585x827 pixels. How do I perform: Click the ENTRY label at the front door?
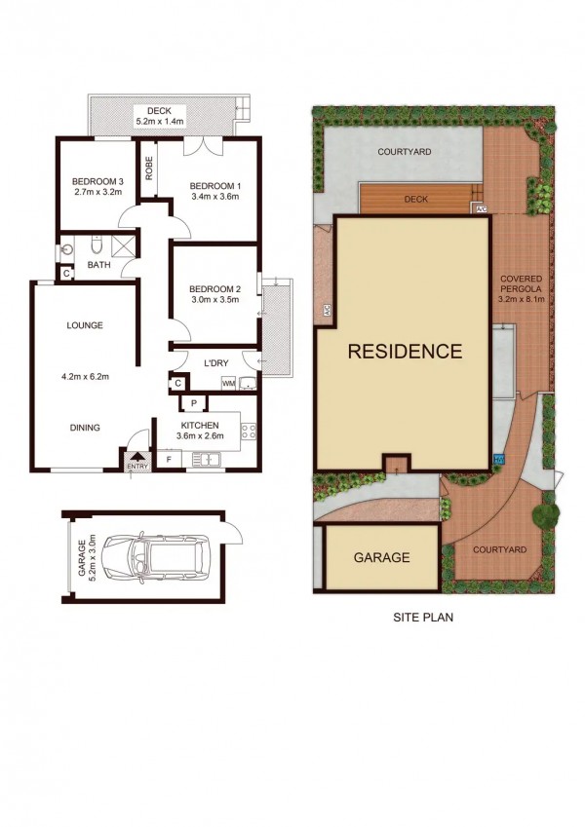tap(137, 467)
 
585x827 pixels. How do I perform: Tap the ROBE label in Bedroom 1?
tap(149, 168)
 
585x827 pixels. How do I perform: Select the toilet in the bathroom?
tap(97, 244)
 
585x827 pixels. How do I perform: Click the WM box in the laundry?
tap(228, 383)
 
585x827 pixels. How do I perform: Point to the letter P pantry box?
tap(194, 403)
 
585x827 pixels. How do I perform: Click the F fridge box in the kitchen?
tap(169, 460)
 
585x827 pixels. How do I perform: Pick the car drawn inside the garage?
tap(155, 557)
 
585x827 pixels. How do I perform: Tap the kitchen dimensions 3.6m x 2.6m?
tap(200, 435)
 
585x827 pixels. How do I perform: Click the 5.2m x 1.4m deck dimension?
tap(160, 122)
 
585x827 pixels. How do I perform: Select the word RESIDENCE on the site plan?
tap(405, 352)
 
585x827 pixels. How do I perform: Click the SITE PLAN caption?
tap(423, 617)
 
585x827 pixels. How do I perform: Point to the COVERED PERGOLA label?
tap(521, 283)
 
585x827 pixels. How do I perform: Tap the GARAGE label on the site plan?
tap(382, 557)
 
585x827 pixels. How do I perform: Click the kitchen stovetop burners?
tap(249, 431)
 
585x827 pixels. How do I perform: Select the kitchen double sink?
tap(206, 460)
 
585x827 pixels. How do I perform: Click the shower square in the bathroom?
tap(124, 246)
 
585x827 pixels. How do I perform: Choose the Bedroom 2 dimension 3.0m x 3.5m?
tap(214, 300)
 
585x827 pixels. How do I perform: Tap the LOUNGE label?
tap(85, 325)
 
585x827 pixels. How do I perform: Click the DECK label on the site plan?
tap(416, 200)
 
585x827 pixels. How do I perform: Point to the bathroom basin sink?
tap(66, 249)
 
